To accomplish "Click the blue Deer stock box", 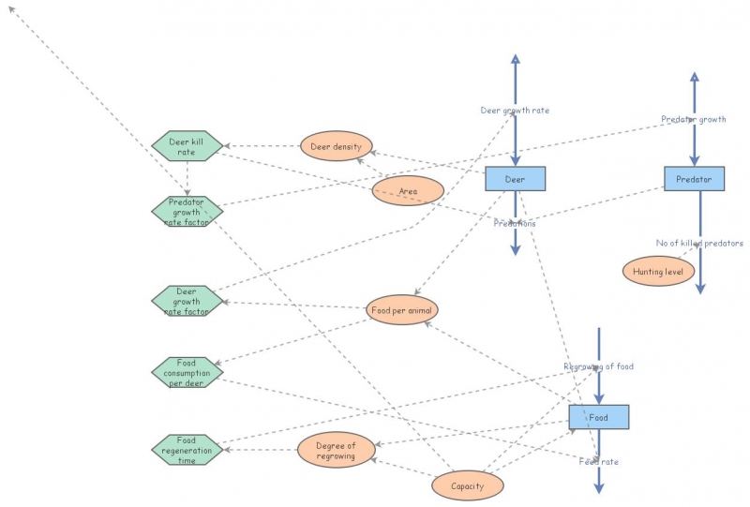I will [515, 178].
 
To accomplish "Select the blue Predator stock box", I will [694, 178].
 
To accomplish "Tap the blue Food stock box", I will [598, 417].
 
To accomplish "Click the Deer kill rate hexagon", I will [187, 146].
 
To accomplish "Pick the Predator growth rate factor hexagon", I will [187, 212].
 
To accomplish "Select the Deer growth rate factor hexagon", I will [187, 300].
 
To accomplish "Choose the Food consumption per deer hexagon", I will [187, 372].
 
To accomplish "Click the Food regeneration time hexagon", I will [187, 449].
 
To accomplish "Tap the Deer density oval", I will [337, 146].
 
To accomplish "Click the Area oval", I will [408, 191].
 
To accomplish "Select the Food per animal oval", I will [402, 309].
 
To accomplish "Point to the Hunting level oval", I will [659, 271].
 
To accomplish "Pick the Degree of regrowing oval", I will [337, 450].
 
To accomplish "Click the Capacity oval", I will [467, 485].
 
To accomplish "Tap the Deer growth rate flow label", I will [515, 111].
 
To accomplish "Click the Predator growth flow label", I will [694, 119].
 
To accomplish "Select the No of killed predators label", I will [699, 243].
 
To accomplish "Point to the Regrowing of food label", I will [599, 366].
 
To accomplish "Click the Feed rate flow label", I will [598, 461].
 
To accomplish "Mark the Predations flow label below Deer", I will [515, 224].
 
